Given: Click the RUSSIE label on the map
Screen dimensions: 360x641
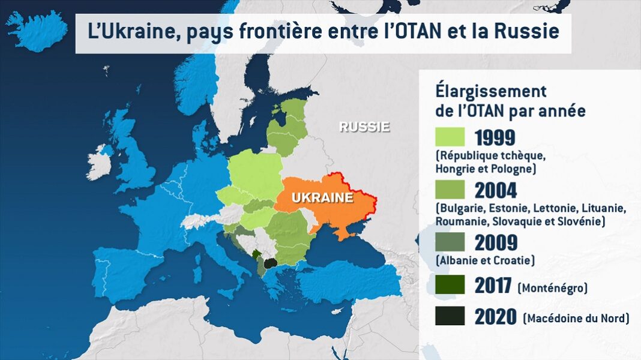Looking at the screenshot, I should [364, 127].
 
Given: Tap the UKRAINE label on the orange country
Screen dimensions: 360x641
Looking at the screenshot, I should [322, 198].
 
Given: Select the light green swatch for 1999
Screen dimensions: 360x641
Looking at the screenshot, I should [450, 137].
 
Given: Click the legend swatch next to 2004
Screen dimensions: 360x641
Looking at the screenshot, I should [450, 190].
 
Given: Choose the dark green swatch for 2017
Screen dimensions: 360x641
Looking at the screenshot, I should [450, 285].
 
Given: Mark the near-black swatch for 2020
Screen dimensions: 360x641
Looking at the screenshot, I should [450, 316].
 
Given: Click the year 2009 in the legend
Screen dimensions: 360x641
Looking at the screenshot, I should [496, 242].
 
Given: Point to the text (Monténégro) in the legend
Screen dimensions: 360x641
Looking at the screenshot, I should [552, 288].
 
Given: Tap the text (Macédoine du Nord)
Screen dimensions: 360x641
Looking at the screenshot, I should [576, 318].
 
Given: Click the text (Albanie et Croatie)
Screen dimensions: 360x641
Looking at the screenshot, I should [485, 260].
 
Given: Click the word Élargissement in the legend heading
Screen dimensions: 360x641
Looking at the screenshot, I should [490, 92].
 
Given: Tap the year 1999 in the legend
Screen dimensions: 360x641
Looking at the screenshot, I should [496, 137].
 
